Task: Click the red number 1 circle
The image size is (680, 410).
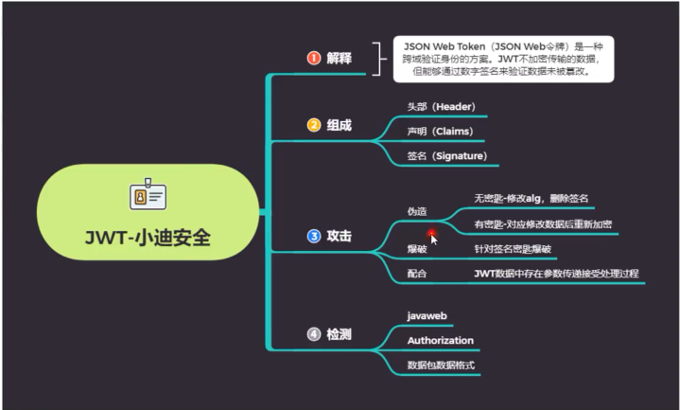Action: [x=314, y=58]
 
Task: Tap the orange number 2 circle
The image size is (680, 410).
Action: [x=314, y=125]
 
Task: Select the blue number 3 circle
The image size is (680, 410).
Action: [x=314, y=236]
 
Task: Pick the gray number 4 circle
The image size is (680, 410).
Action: [x=314, y=334]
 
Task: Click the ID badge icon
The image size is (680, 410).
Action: [x=148, y=194]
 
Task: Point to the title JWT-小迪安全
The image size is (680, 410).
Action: [x=148, y=238]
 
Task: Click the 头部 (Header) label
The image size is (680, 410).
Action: [x=441, y=107]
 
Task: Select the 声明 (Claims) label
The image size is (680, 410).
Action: [x=440, y=132]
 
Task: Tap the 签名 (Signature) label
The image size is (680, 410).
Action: [x=446, y=156]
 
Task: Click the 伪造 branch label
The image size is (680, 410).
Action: [x=417, y=211]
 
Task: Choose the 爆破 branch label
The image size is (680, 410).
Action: [x=417, y=249]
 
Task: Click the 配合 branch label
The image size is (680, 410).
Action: [x=417, y=274]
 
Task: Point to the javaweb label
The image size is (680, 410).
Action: [x=427, y=316]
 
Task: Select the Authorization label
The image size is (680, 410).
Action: [x=440, y=341]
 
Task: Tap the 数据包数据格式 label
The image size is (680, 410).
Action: [x=441, y=365]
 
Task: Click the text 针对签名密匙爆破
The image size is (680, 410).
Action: [x=513, y=249]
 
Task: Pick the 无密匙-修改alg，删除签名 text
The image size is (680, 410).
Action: [x=532, y=199]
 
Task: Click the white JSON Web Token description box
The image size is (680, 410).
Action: [x=503, y=59]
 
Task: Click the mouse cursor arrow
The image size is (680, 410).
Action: [x=434, y=240]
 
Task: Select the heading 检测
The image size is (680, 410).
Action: [x=339, y=334]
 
